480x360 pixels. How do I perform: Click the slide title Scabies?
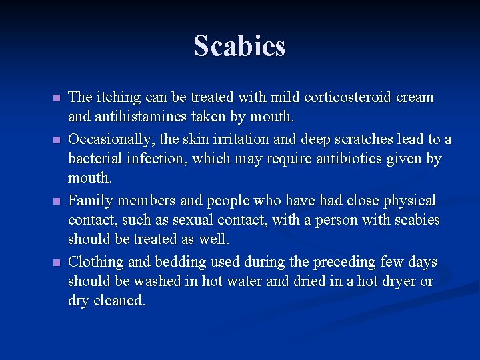[x=239, y=46]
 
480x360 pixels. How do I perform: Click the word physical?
[x=408, y=200]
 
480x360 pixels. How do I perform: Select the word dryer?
[x=398, y=281]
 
